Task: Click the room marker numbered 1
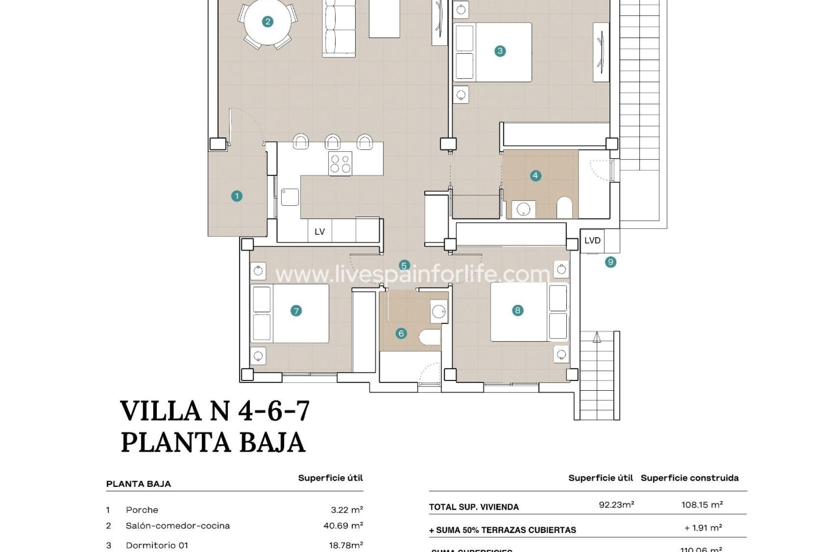click(x=236, y=196)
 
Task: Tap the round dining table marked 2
click(x=267, y=22)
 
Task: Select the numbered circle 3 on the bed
click(x=500, y=51)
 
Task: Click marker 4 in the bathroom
click(x=535, y=176)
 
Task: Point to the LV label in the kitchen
click(x=319, y=232)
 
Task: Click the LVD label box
click(x=592, y=241)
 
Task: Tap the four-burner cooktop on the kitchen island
click(x=340, y=163)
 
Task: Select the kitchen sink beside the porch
click(x=290, y=197)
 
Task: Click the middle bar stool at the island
click(x=333, y=142)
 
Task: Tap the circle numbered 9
click(x=610, y=262)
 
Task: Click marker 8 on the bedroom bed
click(x=517, y=310)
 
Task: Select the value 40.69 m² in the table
click(x=343, y=525)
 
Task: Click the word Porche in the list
click(x=142, y=510)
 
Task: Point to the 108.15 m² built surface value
click(x=702, y=505)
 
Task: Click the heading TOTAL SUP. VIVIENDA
click(x=474, y=507)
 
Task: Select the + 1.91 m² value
click(x=703, y=528)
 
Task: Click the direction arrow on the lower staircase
click(x=597, y=337)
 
